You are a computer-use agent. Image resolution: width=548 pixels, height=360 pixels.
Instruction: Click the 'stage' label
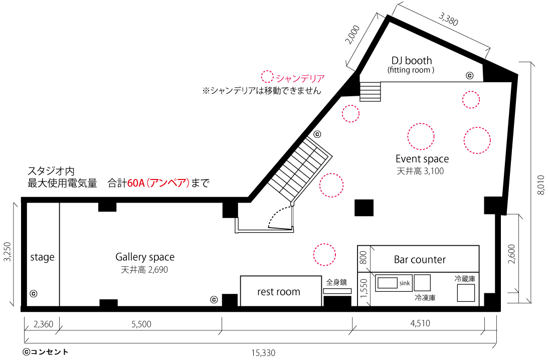tap(42, 257)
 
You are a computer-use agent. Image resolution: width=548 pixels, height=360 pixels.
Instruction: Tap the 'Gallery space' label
tap(145, 257)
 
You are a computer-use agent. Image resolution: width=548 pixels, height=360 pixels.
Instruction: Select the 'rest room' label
tap(279, 292)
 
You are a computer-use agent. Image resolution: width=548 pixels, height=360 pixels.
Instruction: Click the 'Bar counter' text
tap(420, 260)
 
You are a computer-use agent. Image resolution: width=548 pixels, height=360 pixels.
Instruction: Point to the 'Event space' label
tap(422, 159)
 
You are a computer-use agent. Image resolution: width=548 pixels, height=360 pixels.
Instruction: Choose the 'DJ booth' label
tap(412, 61)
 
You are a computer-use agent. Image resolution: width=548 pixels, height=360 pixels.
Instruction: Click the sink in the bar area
tap(387, 283)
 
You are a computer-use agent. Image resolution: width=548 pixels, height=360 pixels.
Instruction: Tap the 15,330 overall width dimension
tap(263, 353)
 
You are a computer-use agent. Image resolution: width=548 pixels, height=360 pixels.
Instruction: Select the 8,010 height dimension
tap(540, 185)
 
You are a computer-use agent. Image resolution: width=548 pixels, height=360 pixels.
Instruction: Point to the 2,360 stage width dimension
tap(43, 324)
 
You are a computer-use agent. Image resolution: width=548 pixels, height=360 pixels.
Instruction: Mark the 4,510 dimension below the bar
tap(420, 323)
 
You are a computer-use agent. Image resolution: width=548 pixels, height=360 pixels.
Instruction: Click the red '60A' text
tap(136, 183)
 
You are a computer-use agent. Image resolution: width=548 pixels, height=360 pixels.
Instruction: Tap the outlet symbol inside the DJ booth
tap(469, 76)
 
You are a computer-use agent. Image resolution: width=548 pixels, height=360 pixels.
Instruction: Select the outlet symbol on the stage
tap(34, 294)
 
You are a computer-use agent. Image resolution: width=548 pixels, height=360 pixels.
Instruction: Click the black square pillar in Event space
tap(364, 208)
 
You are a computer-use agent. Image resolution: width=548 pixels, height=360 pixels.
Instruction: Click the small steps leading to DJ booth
tap(370, 92)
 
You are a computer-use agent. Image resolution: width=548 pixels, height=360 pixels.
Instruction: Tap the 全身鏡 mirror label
tap(336, 282)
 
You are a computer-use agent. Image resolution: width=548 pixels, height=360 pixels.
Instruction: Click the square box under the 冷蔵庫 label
tap(466, 293)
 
